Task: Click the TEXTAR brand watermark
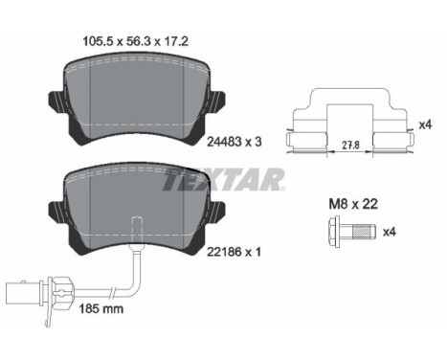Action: point(226,178)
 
